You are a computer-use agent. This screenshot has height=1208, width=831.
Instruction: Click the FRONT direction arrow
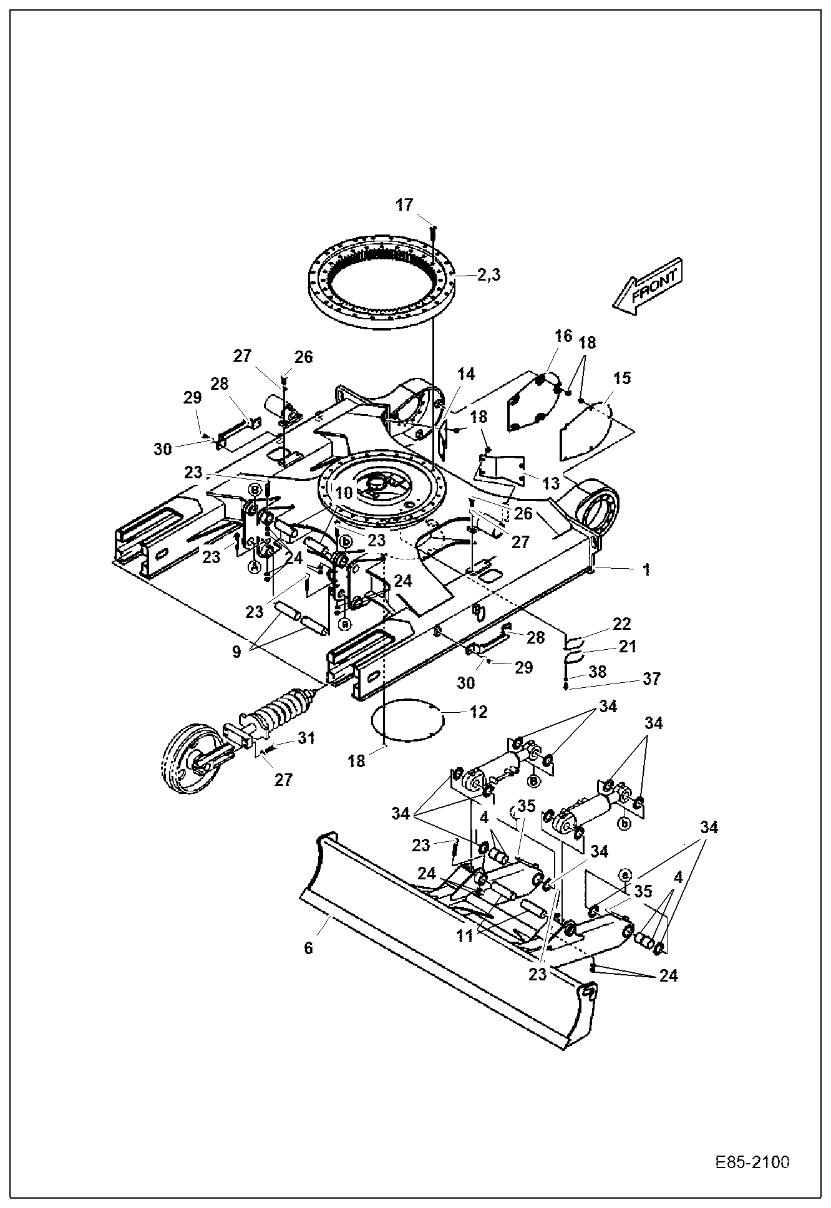click(x=649, y=285)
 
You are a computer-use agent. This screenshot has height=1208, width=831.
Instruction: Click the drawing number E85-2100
click(x=752, y=1162)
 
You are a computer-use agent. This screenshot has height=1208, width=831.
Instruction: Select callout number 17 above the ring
click(x=404, y=205)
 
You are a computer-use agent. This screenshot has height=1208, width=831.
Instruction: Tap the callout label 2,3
click(x=488, y=275)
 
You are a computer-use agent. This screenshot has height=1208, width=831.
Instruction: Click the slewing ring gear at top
click(x=382, y=278)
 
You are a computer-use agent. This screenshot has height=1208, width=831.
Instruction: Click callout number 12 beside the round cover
click(x=479, y=712)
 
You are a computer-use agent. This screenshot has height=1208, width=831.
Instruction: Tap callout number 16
click(x=563, y=336)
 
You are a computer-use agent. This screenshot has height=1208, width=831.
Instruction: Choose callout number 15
click(x=621, y=378)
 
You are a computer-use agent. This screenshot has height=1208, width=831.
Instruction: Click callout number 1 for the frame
click(x=647, y=569)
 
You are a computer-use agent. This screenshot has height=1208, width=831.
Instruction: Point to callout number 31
click(x=306, y=738)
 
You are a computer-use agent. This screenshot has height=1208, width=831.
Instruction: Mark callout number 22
click(x=621, y=624)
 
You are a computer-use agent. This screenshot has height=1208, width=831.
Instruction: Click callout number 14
click(x=465, y=374)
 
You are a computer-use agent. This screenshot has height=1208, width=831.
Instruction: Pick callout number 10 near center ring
click(x=343, y=493)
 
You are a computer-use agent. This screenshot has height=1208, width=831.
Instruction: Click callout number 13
click(x=552, y=484)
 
